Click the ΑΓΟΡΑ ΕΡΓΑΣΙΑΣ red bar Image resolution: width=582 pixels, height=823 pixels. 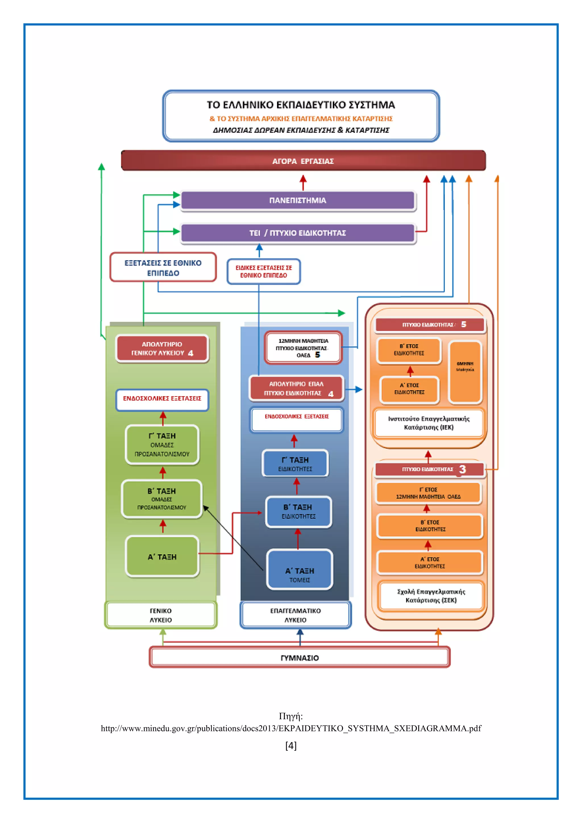(303, 161)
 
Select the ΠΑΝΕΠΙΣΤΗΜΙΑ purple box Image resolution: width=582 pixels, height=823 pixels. (298, 200)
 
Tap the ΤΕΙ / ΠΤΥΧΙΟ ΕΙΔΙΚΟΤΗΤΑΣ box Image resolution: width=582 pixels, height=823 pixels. (298, 233)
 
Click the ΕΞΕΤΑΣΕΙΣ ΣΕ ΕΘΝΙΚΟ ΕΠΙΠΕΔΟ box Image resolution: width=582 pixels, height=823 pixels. (163, 267)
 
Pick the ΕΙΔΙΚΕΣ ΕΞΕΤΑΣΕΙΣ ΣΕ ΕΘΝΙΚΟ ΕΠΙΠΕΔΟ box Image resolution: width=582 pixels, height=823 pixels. (263, 271)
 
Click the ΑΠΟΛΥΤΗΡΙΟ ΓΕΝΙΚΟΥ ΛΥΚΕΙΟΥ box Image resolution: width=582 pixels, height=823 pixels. (162, 348)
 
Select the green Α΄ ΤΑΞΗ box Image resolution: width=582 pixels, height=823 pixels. (162, 556)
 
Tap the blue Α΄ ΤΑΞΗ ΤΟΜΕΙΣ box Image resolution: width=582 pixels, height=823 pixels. (300, 570)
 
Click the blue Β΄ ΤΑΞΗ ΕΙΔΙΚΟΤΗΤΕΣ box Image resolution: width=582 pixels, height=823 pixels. (298, 512)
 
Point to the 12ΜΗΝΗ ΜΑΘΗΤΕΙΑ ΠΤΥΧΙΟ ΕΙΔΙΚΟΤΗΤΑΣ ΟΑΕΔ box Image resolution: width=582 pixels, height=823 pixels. (303, 347)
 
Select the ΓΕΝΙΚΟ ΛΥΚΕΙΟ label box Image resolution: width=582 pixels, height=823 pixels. (161, 615)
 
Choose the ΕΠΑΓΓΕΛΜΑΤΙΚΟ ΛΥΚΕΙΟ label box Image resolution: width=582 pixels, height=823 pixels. (295, 615)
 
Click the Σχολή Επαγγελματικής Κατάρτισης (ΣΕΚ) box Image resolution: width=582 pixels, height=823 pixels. (431, 595)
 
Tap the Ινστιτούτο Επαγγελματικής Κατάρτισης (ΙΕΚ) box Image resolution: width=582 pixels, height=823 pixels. (429, 423)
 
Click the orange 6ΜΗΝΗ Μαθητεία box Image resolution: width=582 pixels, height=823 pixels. (465, 371)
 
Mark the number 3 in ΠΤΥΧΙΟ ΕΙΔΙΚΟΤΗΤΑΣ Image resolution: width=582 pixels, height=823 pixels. (462, 469)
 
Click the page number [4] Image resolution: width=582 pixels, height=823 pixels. (291, 746)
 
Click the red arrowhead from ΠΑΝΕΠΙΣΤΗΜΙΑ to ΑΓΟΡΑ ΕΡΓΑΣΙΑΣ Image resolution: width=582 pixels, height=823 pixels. (303, 178)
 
